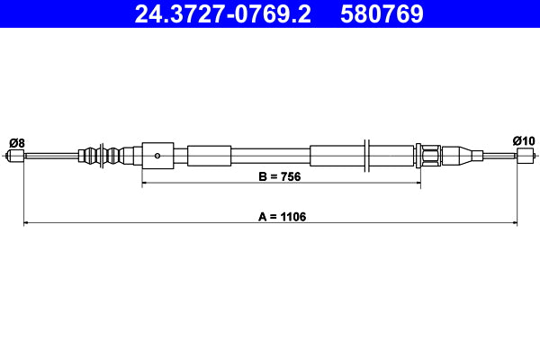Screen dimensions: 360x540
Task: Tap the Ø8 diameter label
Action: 16,141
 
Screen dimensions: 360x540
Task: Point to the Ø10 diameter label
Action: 523,140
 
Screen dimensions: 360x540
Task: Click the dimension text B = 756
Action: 279,177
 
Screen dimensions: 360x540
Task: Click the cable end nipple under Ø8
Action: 15,156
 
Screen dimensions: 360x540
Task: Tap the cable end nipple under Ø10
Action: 525,156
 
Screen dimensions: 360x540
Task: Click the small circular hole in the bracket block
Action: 157,155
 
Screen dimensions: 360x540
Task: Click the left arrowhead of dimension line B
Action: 146,184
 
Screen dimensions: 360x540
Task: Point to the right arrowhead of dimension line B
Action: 417,184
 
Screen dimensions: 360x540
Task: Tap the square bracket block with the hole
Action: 157,155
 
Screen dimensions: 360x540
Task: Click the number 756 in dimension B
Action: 290,177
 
